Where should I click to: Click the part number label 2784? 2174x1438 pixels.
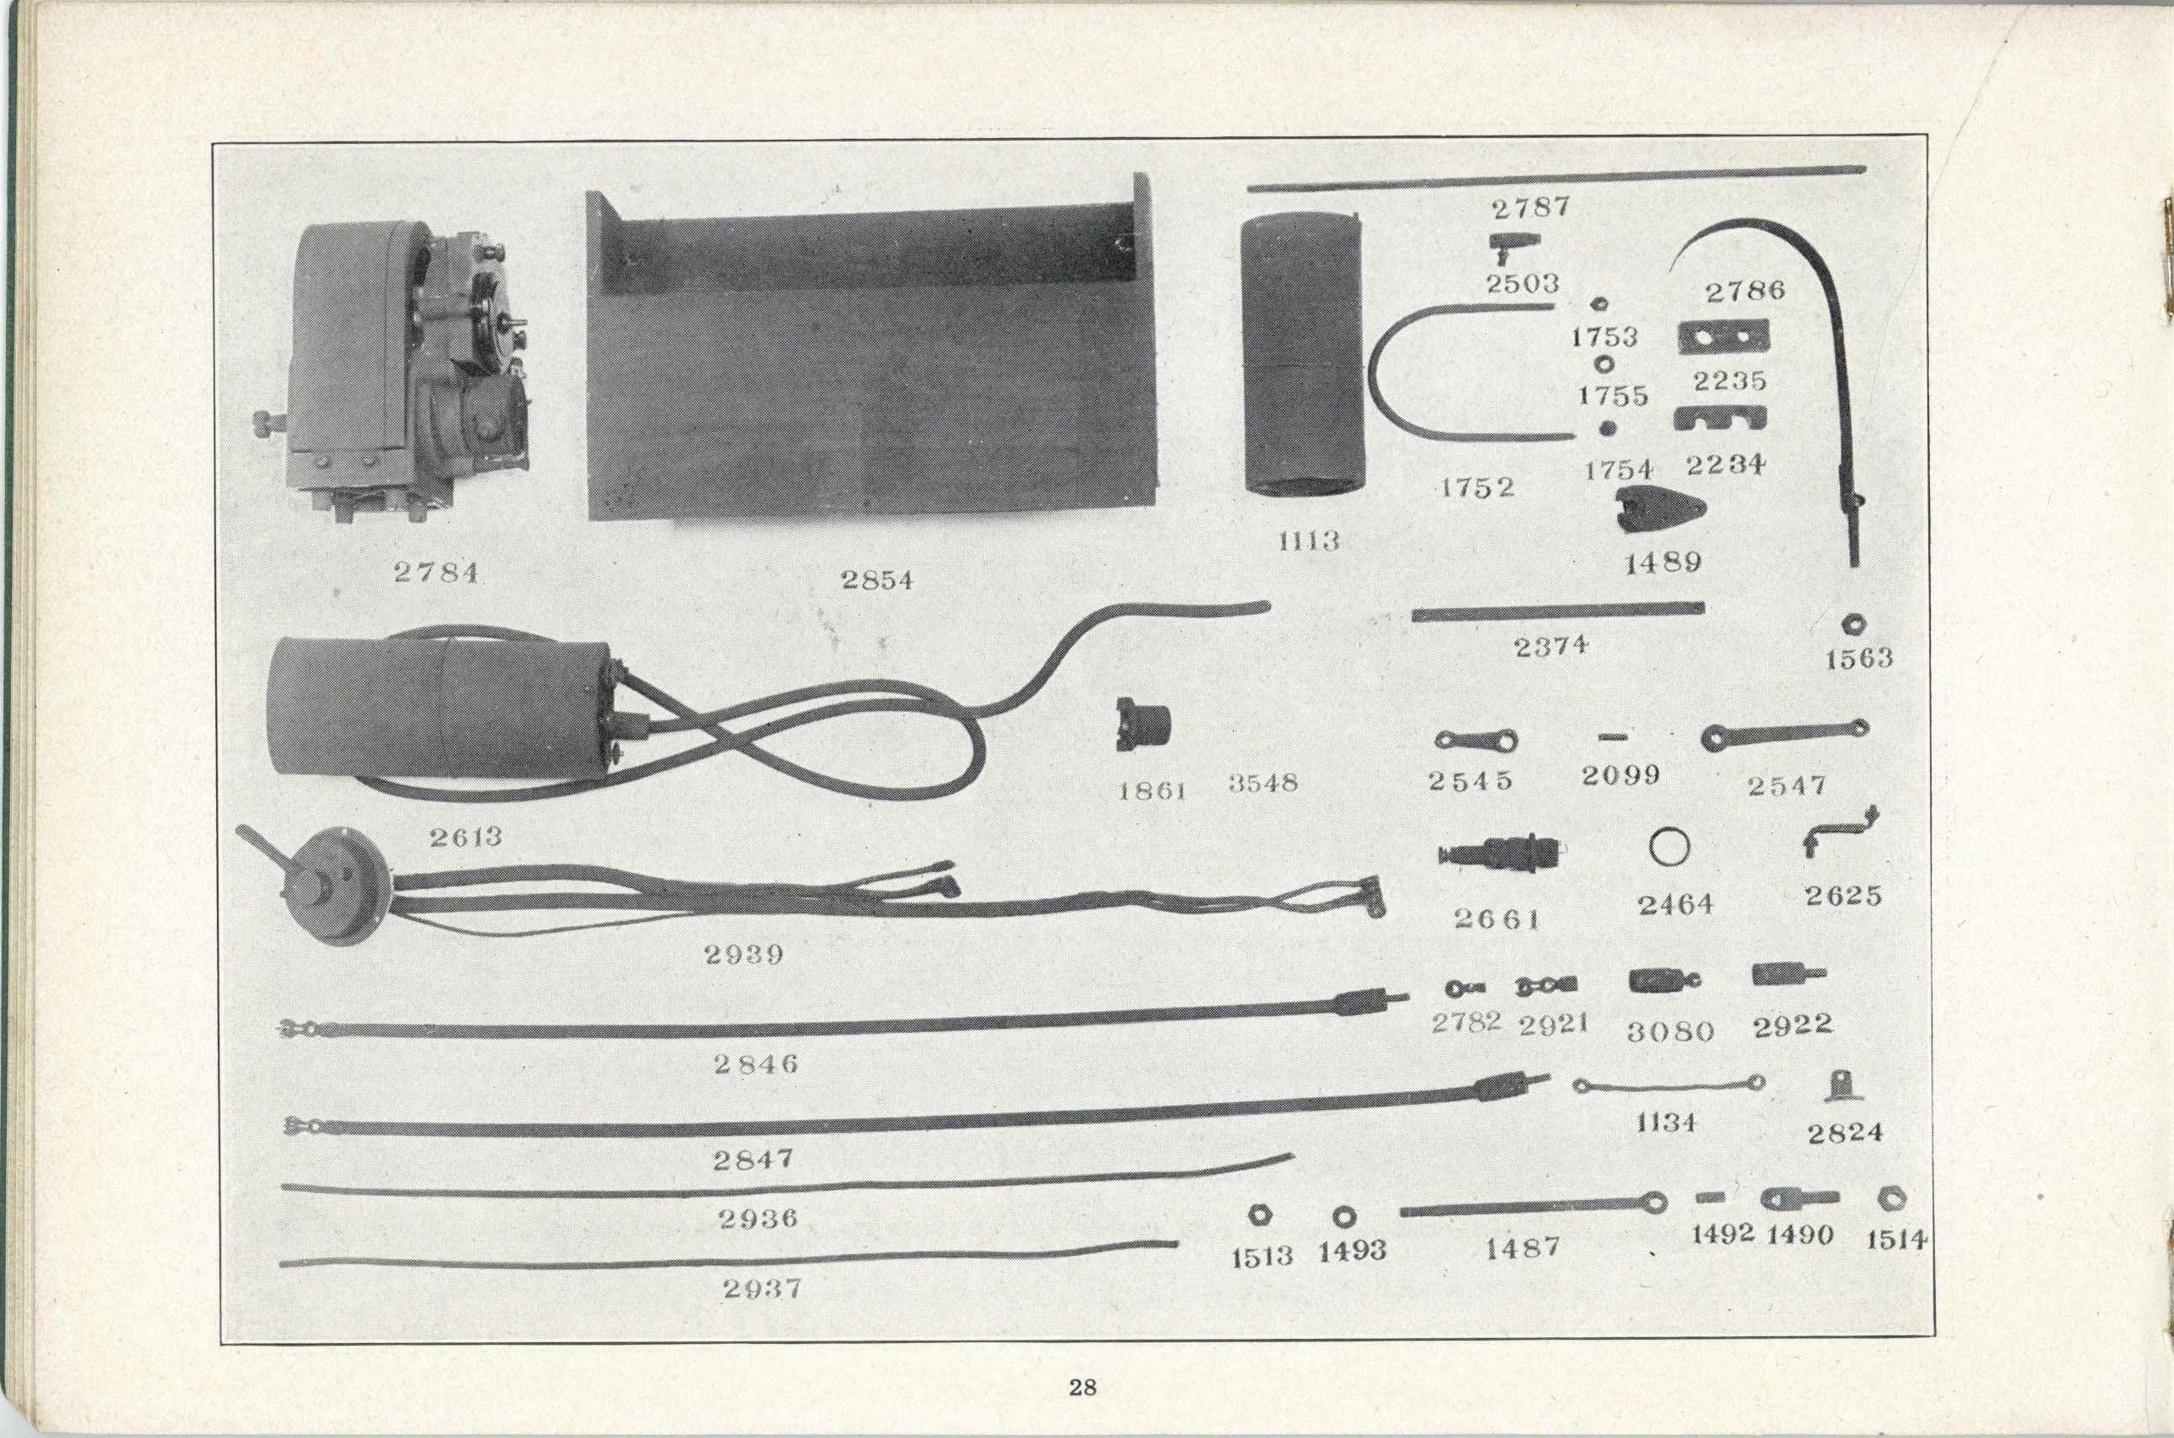pyautogui.click(x=436, y=572)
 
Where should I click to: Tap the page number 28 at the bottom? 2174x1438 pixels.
pyautogui.click(x=1082, y=1386)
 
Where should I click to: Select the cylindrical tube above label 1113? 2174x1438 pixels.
pyautogui.click(x=1300, y=358)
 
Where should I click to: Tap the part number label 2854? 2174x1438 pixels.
pyautogui.click(x=877, y=580)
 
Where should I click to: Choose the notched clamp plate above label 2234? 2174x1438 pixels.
pyautogui.click(x=1720, y=419)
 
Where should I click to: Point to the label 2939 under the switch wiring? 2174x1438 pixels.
pyautogui.click(x=744, y=955)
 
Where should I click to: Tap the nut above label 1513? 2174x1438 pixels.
pyautogui.click(x=1259, y=1214)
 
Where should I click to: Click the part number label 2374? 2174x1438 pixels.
pyautogui.click(x=1551, y=646)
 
